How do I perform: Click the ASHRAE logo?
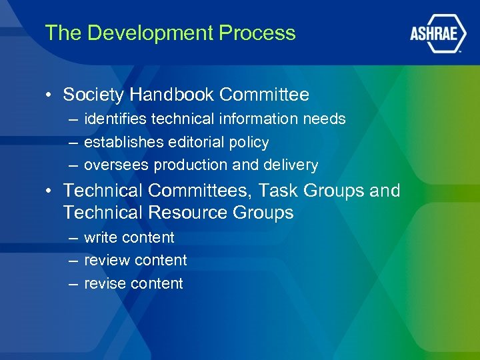click(437, 34)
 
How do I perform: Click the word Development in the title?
click(134, 33)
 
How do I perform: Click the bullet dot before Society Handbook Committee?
click(49, 95)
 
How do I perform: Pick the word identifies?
click(115, 119)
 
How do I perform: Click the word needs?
click(324, 119)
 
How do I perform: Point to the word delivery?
click(291, 165)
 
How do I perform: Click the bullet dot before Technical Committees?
click(49, 191)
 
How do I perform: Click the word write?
click(101, 238)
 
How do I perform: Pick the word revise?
click(105, 283)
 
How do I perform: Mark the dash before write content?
click(71, 238)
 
